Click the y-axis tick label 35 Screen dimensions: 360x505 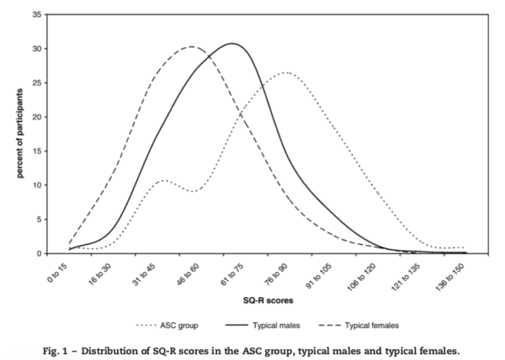(x=39, y=15)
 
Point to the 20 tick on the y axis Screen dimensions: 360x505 (x=39, y=117)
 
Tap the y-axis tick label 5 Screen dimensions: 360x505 (x=41, y=219)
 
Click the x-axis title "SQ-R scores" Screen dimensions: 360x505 (x=266, y=301)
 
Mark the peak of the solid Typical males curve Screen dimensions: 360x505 (x=233, y=43)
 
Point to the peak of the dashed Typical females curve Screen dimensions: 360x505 (x=191, y=47)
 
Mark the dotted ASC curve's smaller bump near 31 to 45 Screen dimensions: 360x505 (x=163, y=180)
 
